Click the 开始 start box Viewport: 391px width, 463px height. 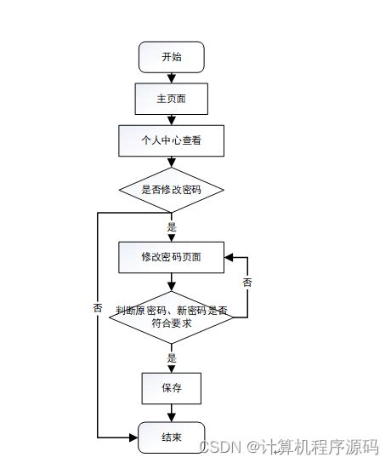click(171, 57)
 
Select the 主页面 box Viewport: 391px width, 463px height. click(171, 99)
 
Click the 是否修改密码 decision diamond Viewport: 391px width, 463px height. click(171, 188)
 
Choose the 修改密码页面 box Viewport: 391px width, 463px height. click(171, 256)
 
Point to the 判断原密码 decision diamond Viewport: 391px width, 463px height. click(171, 317)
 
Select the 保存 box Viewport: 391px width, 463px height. click(171, 388)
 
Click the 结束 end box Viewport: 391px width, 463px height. click(171, 437)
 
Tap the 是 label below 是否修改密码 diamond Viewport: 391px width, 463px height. click(172, 227)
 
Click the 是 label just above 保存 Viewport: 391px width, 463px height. click(172, 358)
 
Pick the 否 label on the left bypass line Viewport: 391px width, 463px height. click(98, 307)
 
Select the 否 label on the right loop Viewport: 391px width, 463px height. click(247, 282)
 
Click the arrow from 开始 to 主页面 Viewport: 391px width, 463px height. click(171, 77)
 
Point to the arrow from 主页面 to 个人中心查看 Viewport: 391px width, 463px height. click(171, 120)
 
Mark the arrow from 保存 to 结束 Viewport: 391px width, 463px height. click(171, 413)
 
